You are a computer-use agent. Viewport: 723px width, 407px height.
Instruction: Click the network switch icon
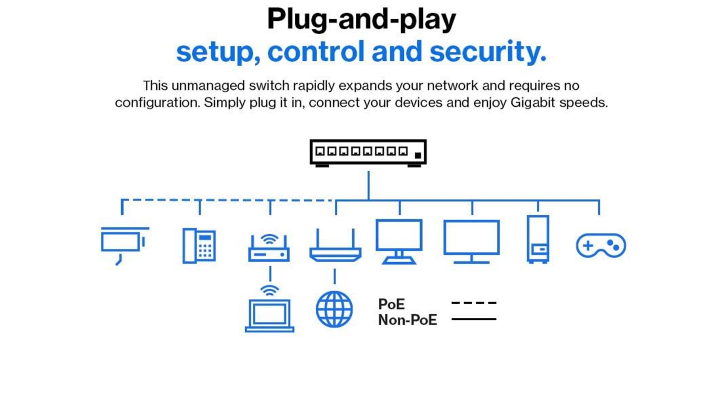point(368,152)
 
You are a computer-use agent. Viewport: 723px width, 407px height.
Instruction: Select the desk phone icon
point(199,246)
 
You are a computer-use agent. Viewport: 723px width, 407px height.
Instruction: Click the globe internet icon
point(334,309)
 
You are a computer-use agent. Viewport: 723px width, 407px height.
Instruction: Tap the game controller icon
point(601,246)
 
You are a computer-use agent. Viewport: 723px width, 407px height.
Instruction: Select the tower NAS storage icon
point(538,239)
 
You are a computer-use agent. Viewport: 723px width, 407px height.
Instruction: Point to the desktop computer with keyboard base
point(399,241)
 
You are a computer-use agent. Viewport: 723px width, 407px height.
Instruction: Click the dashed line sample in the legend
point(474,303)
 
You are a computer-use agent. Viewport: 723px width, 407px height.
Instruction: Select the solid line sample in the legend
point(474,319)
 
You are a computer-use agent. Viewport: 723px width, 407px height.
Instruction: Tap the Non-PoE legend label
point(407,320)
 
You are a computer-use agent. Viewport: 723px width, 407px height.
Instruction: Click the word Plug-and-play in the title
point(361,19)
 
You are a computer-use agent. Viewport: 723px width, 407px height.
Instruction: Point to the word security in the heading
point(488,52)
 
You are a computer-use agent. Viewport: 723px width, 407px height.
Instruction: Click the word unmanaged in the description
point(208,86)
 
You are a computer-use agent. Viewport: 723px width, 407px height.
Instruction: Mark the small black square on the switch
point(418,155)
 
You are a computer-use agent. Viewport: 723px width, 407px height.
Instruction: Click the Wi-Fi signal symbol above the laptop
point(270,291)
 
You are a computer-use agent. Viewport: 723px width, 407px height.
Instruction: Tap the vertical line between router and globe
point(334,276)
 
